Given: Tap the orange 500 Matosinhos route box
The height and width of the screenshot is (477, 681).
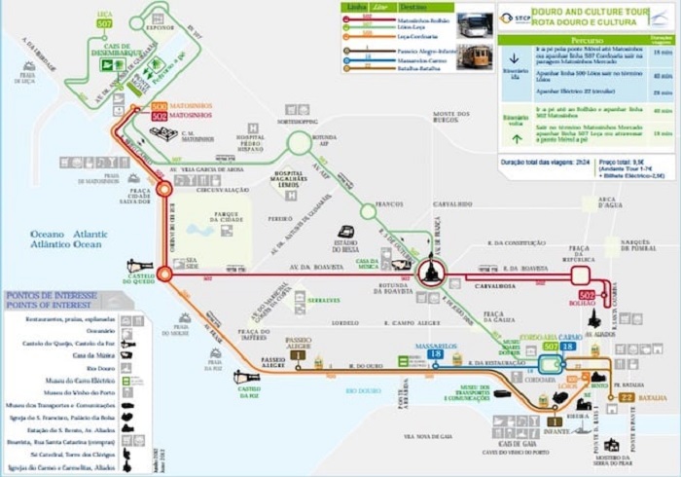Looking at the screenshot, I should pos(160,106).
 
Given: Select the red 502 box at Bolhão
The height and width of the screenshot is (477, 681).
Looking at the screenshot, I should pos(586,295).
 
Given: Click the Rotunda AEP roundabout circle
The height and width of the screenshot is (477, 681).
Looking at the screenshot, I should pos(301,144).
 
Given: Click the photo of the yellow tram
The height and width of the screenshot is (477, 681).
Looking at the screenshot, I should pos(475,56).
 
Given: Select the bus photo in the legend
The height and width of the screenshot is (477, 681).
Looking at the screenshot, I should pos(475,24).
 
